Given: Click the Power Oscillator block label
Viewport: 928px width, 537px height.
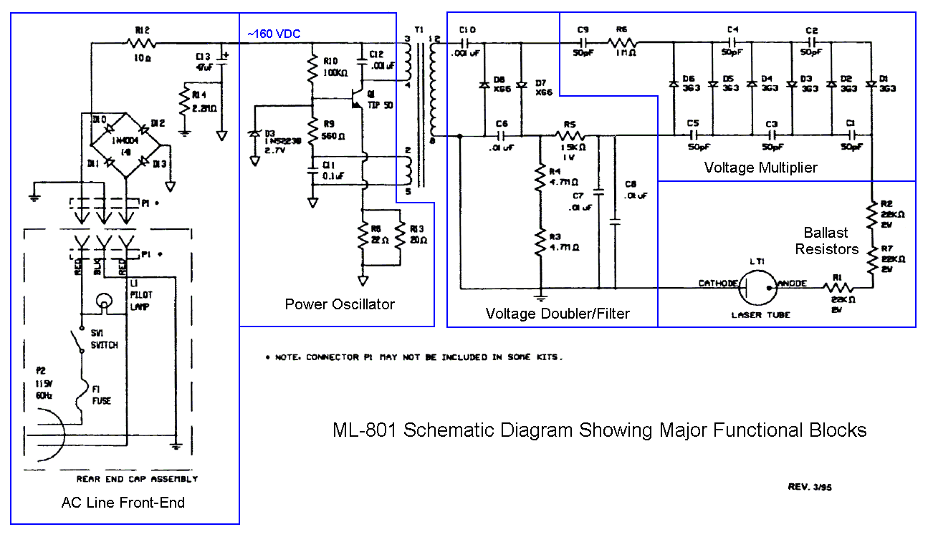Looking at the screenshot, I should pyautogui.click(x=340, y=304).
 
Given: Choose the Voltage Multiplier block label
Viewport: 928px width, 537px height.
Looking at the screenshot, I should pyautogui.click(x=760, y=168).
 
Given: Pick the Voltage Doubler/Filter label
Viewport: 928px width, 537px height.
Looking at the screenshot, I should pyautogui.click(x=558, y=313).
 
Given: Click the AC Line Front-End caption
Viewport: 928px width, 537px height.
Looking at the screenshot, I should pyautogui.click(x=123, y=503).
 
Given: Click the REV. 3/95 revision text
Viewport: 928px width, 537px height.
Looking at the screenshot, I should pyautogui.click(x=810, y=487).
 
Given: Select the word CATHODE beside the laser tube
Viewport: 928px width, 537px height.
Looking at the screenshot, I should pyautogui.click(x=717, y=284).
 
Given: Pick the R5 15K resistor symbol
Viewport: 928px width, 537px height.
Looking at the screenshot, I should pyautogui.click(x=571, y=135).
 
